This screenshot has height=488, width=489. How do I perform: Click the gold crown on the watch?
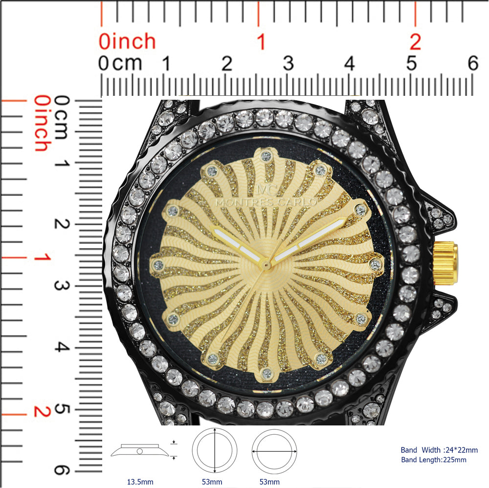click(445, 263)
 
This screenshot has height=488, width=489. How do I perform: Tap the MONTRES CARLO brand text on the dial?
click(266, 202)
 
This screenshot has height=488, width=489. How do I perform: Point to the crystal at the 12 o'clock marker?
click(266, 156)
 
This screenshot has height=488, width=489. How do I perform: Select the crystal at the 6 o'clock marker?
click(267, 373)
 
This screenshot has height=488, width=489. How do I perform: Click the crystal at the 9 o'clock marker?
click(158, 266)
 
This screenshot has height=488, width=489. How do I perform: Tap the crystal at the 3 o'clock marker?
click(375, 265)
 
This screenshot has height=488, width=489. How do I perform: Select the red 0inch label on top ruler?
click(127, 42)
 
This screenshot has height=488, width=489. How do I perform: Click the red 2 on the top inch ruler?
click(415, 42)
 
